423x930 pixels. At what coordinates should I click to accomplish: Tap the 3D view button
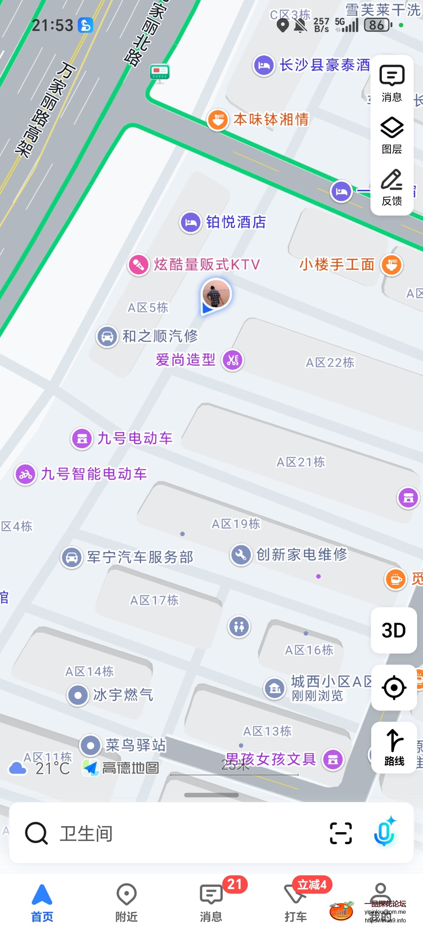[x=393, y=630]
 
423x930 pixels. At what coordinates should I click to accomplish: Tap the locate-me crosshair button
[x=393, y=687]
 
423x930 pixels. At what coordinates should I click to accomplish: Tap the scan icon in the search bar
[x=340, y=833]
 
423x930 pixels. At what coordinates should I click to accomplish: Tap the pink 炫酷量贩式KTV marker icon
[x=139, y=265]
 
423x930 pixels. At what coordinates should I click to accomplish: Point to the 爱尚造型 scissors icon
[x=233, y=360]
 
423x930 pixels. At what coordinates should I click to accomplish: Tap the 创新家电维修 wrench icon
[x=241, y=554]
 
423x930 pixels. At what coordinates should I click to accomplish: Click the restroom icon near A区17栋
[x=239, y=626]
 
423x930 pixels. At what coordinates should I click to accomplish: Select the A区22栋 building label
[x=330, y=362]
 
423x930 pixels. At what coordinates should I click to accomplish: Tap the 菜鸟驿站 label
[x=135, y=745]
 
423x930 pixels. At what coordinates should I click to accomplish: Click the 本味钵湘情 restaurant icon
[x=217, y=119]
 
